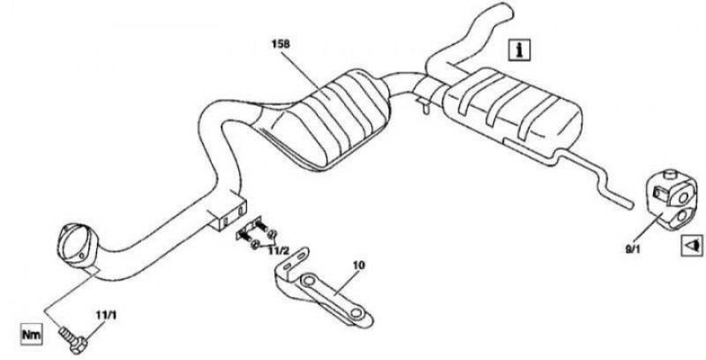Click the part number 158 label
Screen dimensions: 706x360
(281, 44)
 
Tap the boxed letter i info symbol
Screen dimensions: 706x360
(520, 49)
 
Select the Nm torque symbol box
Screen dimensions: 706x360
(32, 334)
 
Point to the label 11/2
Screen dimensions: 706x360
(278, 251)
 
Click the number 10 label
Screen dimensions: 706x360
(359, 266)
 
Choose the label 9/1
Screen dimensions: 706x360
(632, 249)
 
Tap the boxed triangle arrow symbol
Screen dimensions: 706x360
(692, 245)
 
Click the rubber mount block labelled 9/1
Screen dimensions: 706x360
(670, 199)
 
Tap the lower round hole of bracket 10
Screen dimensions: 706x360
(357, 311)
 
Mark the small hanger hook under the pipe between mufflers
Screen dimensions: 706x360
(424, 105)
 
